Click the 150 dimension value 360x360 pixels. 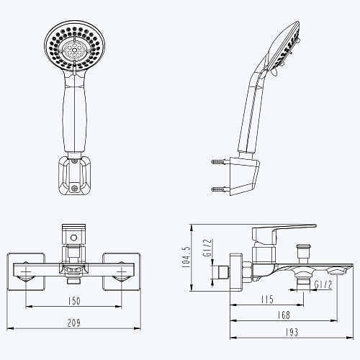click(x=74, y=301)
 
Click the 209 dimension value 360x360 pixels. click(x=74, y=323)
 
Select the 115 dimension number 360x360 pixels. click(x=267, y=300)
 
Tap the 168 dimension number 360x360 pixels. click(x=284, y=315)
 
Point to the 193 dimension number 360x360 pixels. click(x=292, y=333)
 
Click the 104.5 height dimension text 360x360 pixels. click(x=186, y=257)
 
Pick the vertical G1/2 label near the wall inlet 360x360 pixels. click(x=207, y=248)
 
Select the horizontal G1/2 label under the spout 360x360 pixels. click(x=323, y=285)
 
